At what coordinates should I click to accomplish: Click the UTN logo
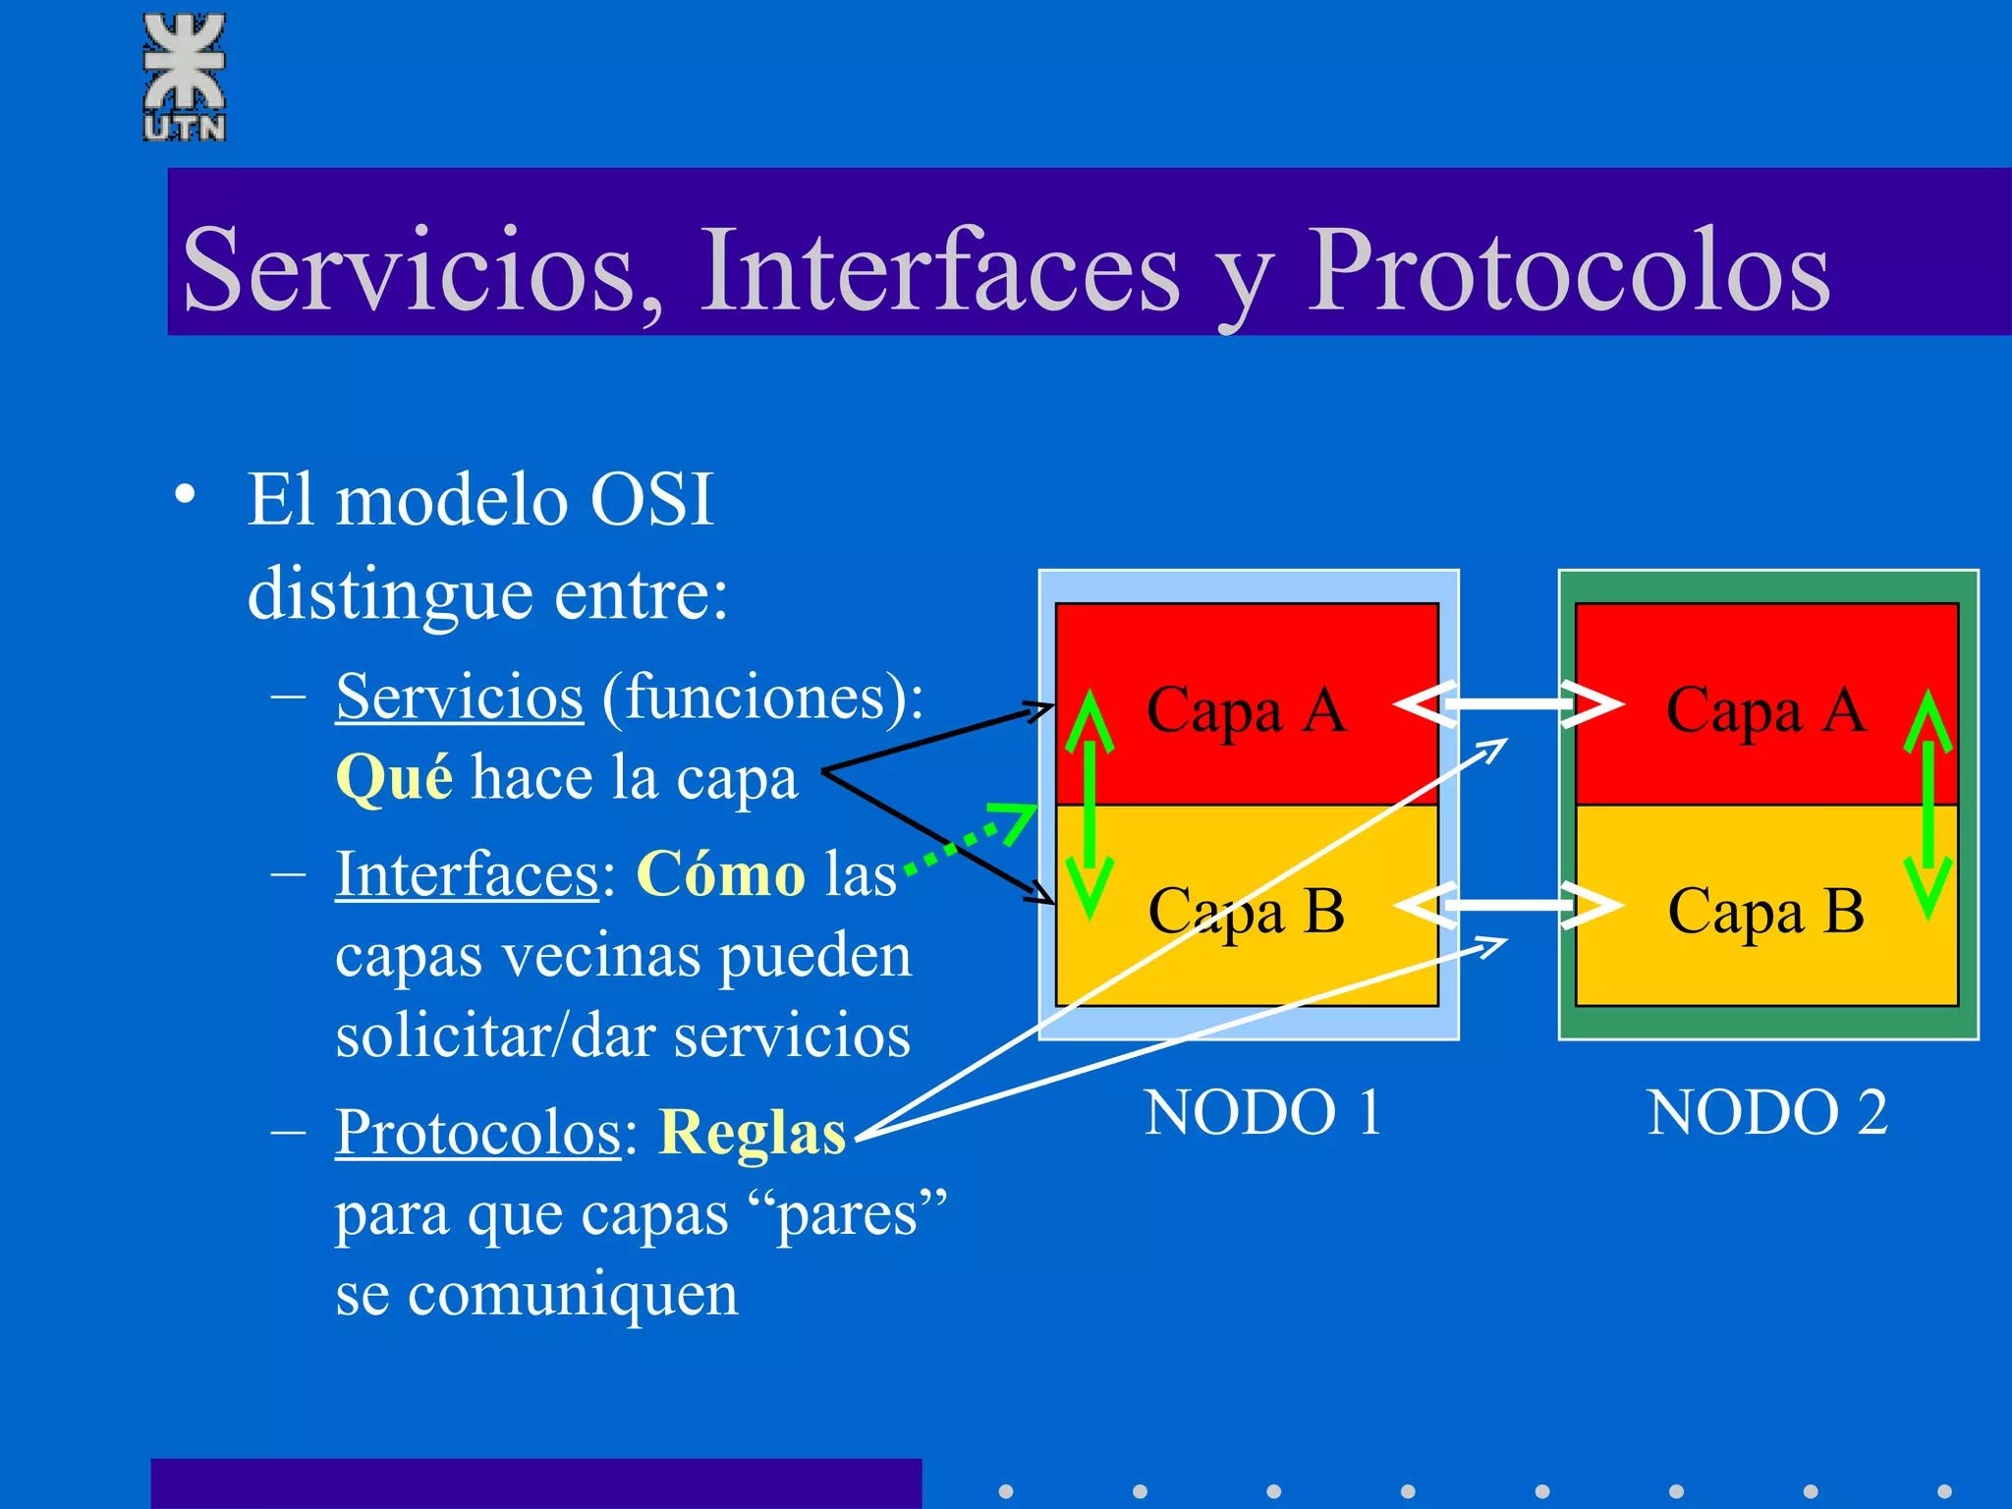coord(185,77)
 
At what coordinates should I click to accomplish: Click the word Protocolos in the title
coord(1568,270)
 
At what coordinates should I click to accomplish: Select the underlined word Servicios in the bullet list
coord(459,698)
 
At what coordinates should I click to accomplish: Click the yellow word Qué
coord(394,778)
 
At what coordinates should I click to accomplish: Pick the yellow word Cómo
coord(721,874)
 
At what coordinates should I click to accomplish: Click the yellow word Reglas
coord(752,1133)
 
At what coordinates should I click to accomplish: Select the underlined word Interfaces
coord(467,874)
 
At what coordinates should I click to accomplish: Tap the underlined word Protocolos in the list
coord(478,1133)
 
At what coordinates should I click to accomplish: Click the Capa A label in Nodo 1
coord(1246,710)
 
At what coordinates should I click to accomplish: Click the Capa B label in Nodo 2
coord(1765,912)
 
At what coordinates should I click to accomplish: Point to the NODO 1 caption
coord(1262,1113)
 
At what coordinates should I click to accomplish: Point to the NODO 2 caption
coord(1766,1113)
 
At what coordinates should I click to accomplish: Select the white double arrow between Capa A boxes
coord(1509,703)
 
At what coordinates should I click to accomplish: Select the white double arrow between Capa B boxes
coord(1509,904)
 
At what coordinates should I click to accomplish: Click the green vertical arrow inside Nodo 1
coord(1090,804)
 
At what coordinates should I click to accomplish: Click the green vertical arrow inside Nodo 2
coord(1928,804)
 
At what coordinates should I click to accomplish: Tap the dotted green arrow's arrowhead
coord(1018,820)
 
